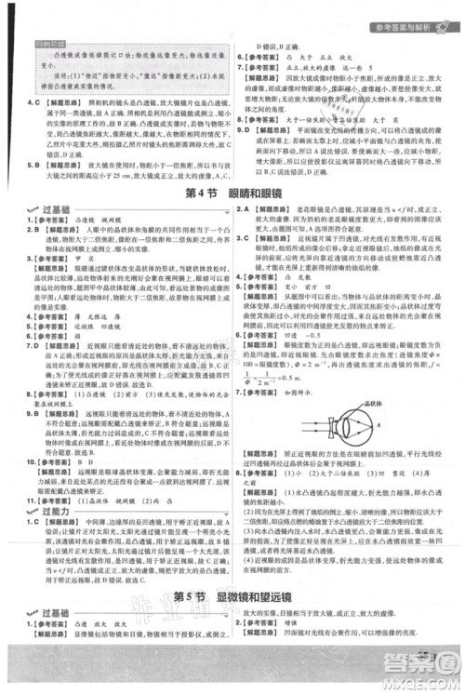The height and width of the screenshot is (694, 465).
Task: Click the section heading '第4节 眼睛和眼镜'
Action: point(232,194)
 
